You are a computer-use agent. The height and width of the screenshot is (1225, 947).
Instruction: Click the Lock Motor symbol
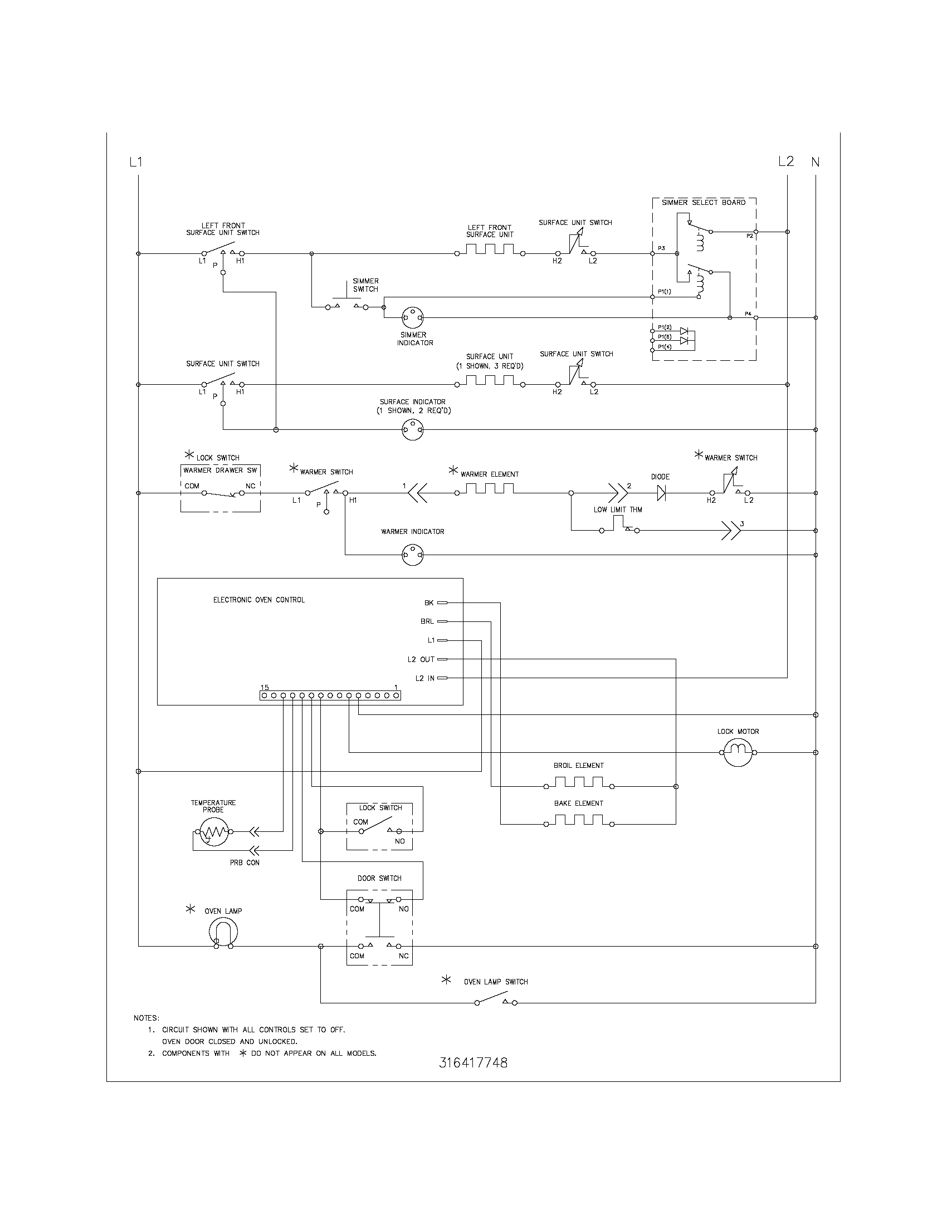pyautogui.click(x=737, y=752)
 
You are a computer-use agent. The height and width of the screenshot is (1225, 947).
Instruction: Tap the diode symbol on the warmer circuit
pyautogui.click(x=661, y=493)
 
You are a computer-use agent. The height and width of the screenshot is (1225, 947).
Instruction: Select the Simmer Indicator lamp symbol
pyautogui.click(x=413, y=317)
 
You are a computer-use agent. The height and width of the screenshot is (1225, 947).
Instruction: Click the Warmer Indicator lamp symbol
pyautogui.click(x=413, y=555)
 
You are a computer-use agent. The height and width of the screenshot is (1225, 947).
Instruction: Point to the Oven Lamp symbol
pyautogui.click(x=223, y=933)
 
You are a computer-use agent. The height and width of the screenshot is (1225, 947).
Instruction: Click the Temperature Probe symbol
pyautogui.click(x=214, y=831)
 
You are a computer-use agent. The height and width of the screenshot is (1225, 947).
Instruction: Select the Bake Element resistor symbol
pyautogui.click(x=578, y=821)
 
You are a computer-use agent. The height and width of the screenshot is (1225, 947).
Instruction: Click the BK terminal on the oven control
pyautogui.click(x=442, y=602)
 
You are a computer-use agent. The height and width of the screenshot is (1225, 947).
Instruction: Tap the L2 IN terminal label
pyautogui.click(x=424, y=678)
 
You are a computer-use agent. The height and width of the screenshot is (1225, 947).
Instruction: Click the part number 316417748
pyautogui.click(x=473, y=1062)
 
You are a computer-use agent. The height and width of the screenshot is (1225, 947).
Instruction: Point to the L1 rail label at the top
pyautogui.click(x=136, y=162)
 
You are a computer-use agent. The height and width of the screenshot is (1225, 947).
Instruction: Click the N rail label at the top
pyautogui.click(x=815, y=162)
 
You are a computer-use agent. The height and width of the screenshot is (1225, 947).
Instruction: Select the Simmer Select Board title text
pyautogui.click(x=704, y=203)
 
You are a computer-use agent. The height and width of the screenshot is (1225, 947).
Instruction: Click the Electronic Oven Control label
pyautogui.click(x=258, y=600)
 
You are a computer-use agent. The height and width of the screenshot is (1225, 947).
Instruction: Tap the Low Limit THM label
pyautogui.click(x=618, y=509)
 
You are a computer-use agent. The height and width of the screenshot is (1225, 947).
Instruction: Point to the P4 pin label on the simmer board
pyautogui.click(x=748, y=313)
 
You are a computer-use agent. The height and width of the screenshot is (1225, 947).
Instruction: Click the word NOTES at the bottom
pyautogui.click(x=146, y=1017)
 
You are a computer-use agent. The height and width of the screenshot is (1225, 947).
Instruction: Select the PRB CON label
pyautogui.click(x=245, y=863)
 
